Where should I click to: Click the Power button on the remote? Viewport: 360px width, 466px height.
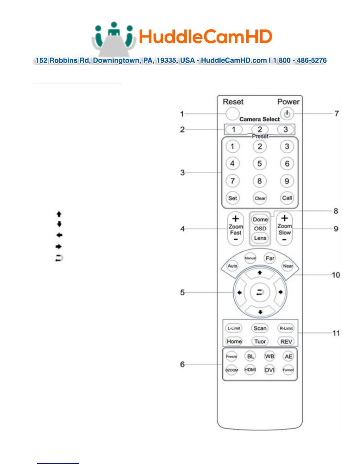pos(287,114)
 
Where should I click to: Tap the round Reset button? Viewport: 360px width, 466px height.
pos(232,114)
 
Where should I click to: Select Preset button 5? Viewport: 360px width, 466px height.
pos(259,164)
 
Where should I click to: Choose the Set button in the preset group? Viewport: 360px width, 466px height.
pos(232,198)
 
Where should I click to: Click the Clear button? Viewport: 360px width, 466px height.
pos(260,198)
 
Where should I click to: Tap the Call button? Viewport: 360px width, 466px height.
pos(287,198)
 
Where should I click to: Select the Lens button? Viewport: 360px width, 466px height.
pos(260,238)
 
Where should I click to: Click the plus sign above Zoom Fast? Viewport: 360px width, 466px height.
pos(236,219)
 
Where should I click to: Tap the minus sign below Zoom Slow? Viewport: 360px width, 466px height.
pos(284,240)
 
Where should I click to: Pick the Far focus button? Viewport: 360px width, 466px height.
pos(270,258)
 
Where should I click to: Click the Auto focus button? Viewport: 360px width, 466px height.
pos(232,266)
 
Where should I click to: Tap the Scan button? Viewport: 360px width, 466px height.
pos(260,328)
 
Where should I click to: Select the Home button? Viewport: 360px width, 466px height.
pos(234,341)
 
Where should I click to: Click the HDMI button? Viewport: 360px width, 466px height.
pos(250,370)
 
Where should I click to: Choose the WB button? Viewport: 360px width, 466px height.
pos(269,356)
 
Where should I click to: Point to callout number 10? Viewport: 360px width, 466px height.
pos(336,275)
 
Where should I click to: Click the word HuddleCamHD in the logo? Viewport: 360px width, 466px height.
pos(205,37)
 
